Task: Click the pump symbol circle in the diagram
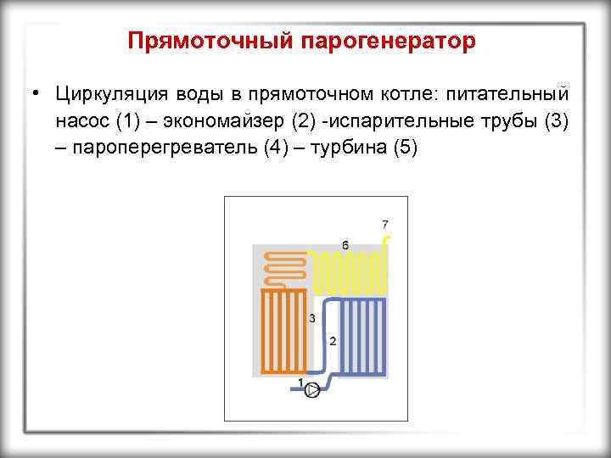click(x=312, y=390)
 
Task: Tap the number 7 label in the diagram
click(x=385, y=225)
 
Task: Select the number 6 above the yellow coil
click(x=345, y=244)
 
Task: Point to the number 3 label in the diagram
click(x=312, y=318)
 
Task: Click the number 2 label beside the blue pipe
click(x=332, y=341)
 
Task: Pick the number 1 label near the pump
click(x=301, y=383)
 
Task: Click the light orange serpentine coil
click(x=286, y=267)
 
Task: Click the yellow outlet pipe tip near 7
click(x=387, y=242)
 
